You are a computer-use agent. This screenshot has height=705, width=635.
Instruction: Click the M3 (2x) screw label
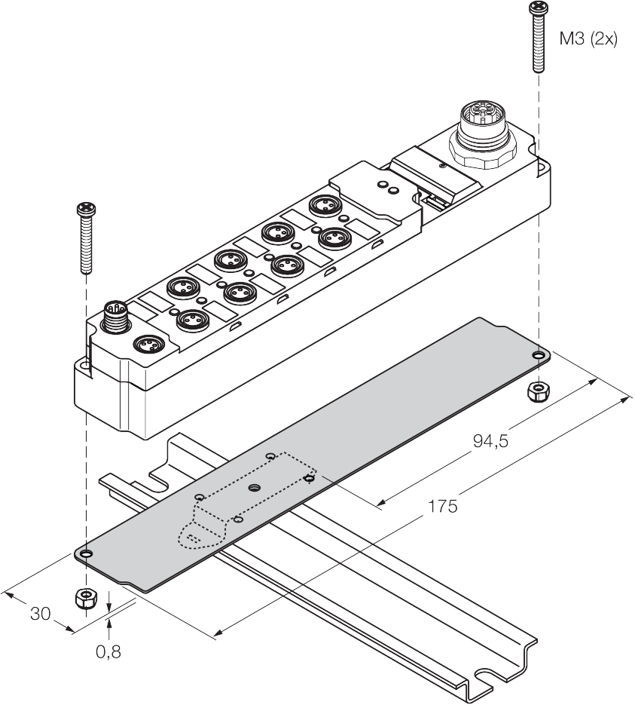click(x=588, y=39)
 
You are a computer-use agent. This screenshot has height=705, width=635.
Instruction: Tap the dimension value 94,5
click(x=490, y=441)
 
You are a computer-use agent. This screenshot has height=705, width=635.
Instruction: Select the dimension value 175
click(x=442, y=506)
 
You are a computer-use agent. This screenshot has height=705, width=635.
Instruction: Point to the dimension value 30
click(x=41, y=614)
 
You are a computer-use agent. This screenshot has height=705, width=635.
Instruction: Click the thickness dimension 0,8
click(x=108, y=651)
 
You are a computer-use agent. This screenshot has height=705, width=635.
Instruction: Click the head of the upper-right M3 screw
click(x=538, y=8)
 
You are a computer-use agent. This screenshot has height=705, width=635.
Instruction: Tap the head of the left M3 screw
click(x=86, y=208)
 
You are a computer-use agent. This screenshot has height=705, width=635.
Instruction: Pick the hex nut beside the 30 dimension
click(x=86, y=599)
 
